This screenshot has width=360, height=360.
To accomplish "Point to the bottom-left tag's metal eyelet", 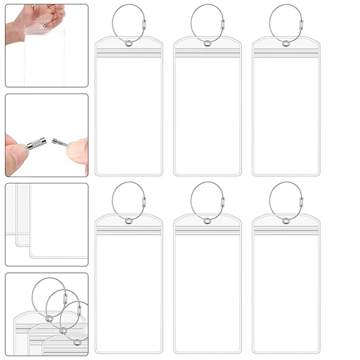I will click(129, 220).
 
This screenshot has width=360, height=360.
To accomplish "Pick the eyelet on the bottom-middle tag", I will click(208, 220).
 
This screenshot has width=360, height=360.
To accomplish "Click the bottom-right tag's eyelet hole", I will click(287, 220).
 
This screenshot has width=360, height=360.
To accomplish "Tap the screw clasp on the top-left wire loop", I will click(146, 25).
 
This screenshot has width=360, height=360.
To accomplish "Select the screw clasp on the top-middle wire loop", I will click(224, 25).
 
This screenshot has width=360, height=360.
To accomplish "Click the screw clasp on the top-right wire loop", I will click(303, 25).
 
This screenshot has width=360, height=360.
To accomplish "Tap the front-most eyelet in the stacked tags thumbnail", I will click(76, 341).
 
